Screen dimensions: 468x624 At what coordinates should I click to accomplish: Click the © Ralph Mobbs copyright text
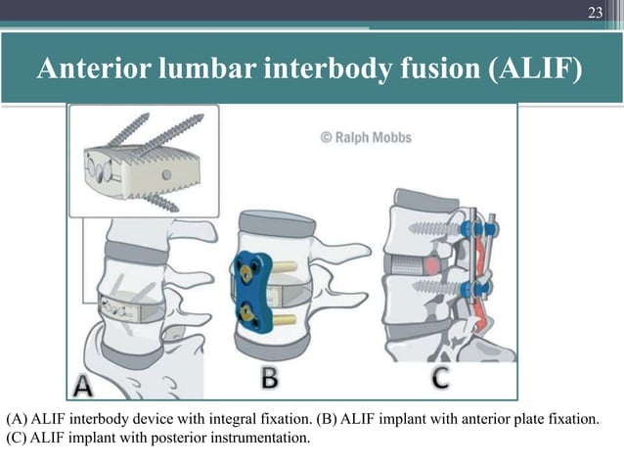coord(366,138)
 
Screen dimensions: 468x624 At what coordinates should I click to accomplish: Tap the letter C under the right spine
coord(442,376)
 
